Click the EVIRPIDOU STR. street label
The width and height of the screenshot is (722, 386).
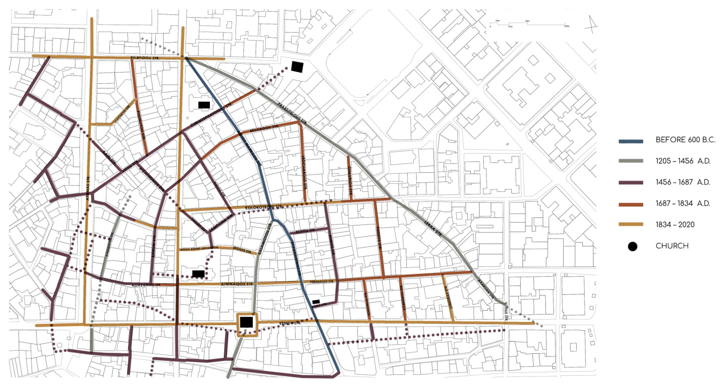pyautogui.click(x=145, y=58)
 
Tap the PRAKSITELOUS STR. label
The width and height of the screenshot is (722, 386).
pyautogui.click(x=292, y=113)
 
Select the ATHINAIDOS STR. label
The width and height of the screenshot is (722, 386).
pyautogui.click(x=237, y=284)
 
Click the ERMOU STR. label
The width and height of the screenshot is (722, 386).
pyautogui.click(x=290, y=323)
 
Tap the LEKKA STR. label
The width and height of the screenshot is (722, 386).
pyautogui.click(x=433, y=229)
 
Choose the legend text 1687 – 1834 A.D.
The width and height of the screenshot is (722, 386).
pyautogui.click(x=683, y=203)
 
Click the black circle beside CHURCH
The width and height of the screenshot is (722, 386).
pyautogui.click(x=633, y=247)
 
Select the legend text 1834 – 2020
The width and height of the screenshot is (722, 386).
pyautogui.click(x=675, y=225)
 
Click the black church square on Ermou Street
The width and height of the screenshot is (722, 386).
pyautogui.click(x=246, y=322)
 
